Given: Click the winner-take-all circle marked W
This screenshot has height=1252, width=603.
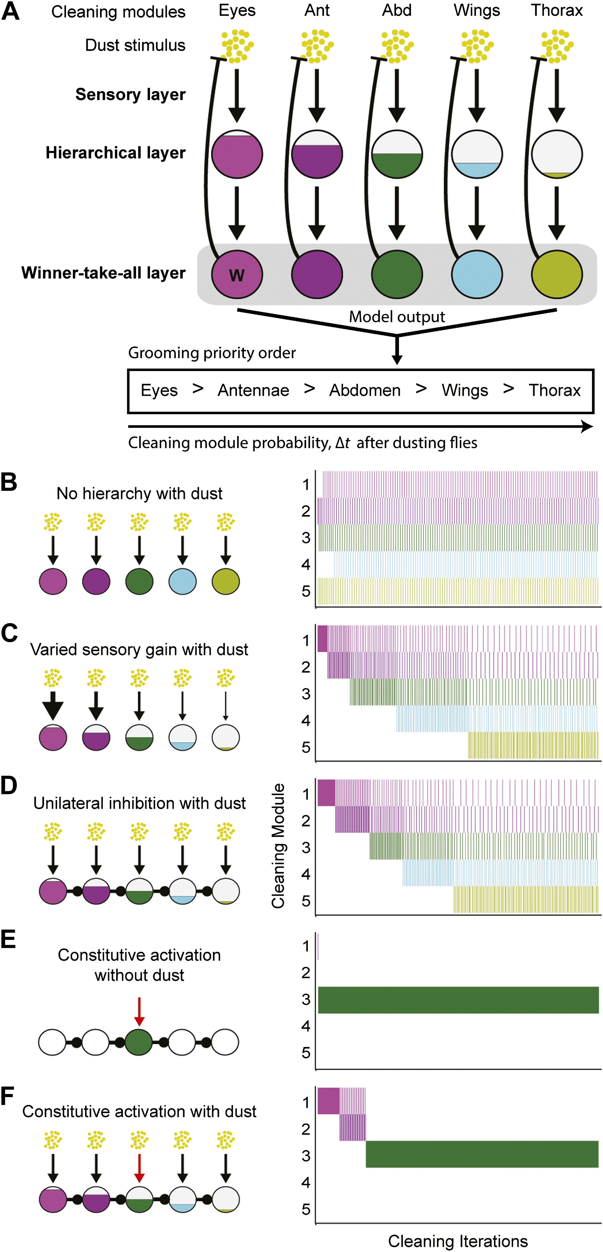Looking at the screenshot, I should [x=237, y=274].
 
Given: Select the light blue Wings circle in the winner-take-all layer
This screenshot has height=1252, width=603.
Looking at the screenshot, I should [x=477, y=274].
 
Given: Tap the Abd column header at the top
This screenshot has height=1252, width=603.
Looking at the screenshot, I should [x=397, y=10].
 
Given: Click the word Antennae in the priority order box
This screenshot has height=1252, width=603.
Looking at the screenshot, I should [x=253, y=390].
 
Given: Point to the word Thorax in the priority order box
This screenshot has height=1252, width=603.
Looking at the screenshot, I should [x=554, y=390].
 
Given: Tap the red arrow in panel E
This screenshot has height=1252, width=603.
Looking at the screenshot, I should [x=140, y=1011].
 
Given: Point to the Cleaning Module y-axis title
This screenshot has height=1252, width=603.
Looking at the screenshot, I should [x=278, y=846].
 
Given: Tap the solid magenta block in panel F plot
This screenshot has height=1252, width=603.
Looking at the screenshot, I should [x=328, y=1101].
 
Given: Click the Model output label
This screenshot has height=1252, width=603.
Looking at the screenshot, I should [x=397, y=317].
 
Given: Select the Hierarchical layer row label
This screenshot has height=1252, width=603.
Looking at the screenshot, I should [x=116, y=153].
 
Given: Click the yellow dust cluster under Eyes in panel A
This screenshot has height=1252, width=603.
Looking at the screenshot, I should [x=237, y=46].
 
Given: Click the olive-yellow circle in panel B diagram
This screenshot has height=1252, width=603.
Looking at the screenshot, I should [x=226, y=581].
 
